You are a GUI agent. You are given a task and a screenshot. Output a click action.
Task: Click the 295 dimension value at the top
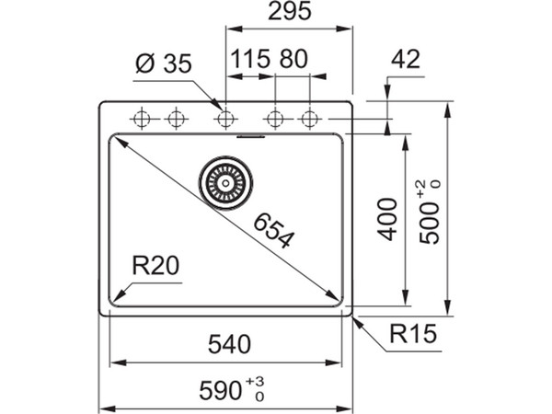click(286, 12)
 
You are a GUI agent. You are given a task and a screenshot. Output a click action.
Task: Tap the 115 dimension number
click(249, 60)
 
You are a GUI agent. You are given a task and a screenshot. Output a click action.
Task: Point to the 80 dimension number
click(292, 60)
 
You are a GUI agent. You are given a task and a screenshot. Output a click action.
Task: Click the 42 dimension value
click(405, 60)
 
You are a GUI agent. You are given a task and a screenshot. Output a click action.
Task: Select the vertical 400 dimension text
click(388, 219)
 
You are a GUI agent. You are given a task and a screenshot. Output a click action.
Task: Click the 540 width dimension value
click(224, 345)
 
